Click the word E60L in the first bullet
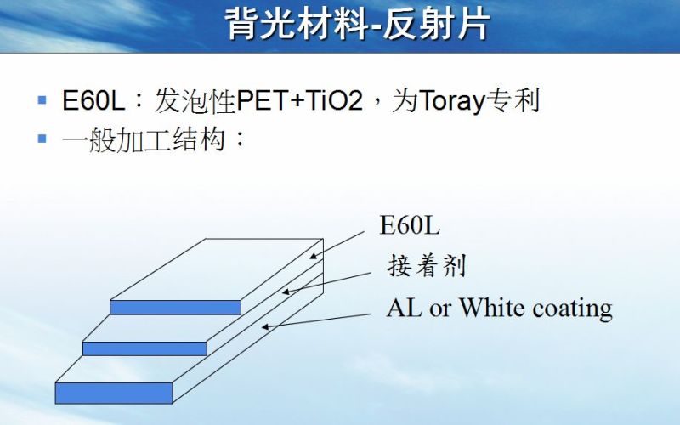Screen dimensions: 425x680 (x=93, y=101)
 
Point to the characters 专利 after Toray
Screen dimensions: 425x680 (x=514, y=101)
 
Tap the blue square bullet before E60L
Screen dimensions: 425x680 (x=42, y=100)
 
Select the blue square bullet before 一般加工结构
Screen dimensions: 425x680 (x=42, y=137)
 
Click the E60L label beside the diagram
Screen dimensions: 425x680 (x=410, y=226)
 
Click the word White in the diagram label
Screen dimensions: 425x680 (x=493, y=307)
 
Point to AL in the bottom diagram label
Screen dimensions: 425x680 (x=404, y=307)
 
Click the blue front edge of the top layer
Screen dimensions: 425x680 (x=175, y=307)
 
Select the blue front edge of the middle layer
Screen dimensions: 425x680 (x=144, y=348)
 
